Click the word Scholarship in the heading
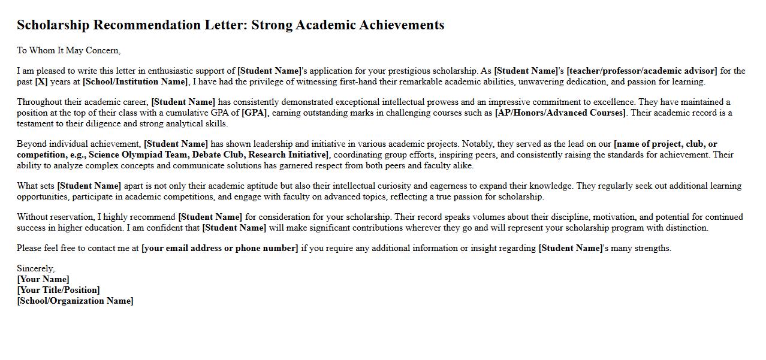[53, 25]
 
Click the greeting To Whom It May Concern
[68, 50]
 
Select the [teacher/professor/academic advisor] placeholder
[641, 71]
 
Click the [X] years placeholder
[41, 81]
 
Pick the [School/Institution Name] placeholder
[135, 81]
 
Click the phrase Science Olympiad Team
[138, 155]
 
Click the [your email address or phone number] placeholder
[219, 248]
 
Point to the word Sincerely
[35, 268]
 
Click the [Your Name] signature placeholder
[43, 279]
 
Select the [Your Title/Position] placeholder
[58, 290]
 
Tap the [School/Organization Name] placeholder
[75, 301]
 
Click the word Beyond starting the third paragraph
[32, 144]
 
